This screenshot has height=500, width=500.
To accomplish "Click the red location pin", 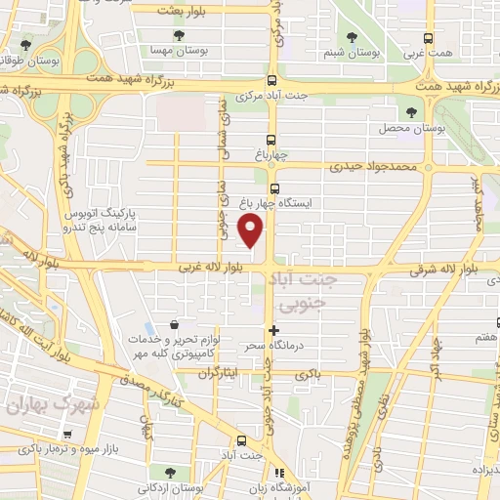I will click(252, 230).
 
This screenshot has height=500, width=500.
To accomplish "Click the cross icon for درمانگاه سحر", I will click(274, 331).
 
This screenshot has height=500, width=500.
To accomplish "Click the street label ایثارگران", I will click(218, 374).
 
